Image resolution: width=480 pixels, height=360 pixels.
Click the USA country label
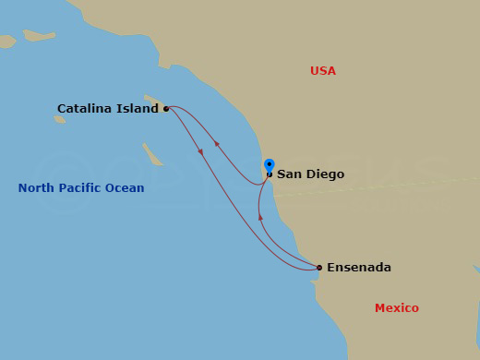(x=323, y=71)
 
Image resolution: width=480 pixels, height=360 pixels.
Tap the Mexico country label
(x=396, y=308)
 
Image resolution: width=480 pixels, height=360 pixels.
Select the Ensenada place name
(x=360, y=268)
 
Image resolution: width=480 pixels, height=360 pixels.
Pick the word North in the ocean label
(x=37, y=188)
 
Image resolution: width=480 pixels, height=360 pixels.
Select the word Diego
(x=326, y=174)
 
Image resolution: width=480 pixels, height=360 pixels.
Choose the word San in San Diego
(x=290, y=174)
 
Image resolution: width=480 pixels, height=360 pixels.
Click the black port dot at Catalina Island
(x=166, y=109)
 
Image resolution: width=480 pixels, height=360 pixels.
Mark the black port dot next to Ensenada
(x=319, y=268)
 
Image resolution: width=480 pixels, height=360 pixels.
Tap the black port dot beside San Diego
(x=269, y=174)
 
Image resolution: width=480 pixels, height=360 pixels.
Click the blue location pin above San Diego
(x=269, y=165)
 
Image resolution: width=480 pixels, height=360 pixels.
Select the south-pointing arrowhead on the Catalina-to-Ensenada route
(x=200, y=151)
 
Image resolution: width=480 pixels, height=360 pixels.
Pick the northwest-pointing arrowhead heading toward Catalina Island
(x=217, y=143)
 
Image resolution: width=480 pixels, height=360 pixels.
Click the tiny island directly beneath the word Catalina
(x=60, y=118)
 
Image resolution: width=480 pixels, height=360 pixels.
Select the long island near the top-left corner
(x=40, y=35)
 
